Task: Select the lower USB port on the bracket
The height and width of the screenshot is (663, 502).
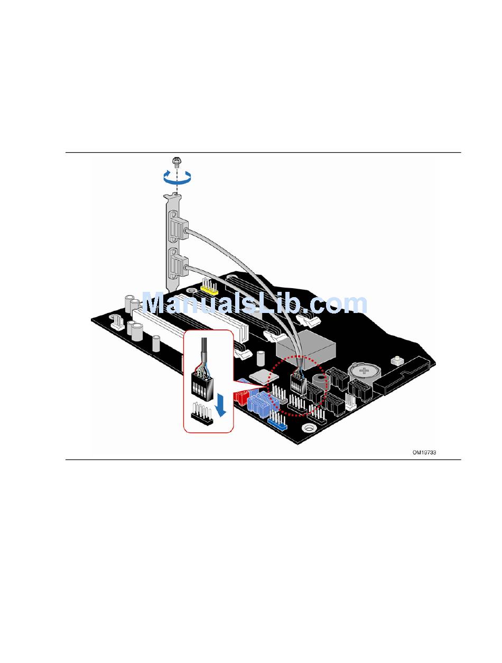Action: [x=178, y=262]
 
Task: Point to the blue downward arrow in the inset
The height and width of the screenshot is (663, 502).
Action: [x=224, y=406]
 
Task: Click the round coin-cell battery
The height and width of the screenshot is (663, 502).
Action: [x=364, y=371]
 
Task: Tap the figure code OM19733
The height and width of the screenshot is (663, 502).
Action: [x=424, y=453]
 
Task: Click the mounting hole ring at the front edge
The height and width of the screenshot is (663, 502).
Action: [x=307, y=427]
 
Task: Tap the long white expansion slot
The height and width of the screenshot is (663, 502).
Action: [x=159, y=328]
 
